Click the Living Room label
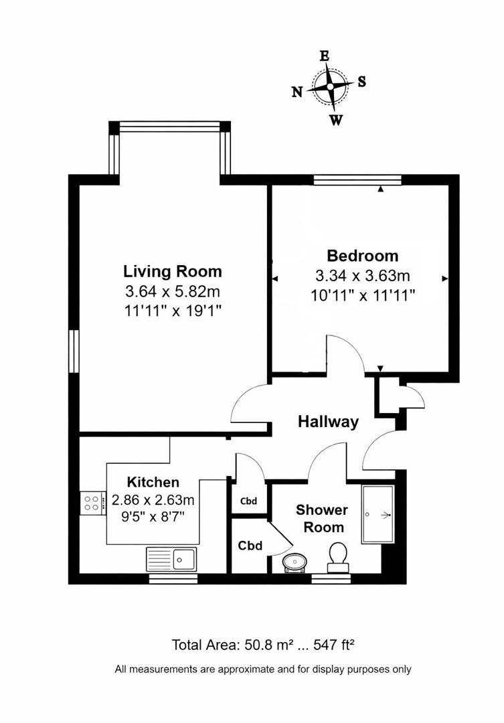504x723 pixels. pos(172,272)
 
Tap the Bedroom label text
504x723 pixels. pos(362,256)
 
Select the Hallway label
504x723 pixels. pos(328,422)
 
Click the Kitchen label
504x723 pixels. pos(153,482)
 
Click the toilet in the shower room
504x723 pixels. pos(338,556)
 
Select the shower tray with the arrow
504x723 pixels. pos(380,514)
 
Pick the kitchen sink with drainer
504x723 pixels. pos(171,557)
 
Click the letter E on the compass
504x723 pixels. pos(325,57)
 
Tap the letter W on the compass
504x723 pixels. pos(337,120)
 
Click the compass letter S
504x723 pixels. pos(361,82)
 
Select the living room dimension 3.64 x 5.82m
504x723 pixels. pos(172,292)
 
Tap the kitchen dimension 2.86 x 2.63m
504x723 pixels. pos(153,499)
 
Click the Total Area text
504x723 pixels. pos(262,645)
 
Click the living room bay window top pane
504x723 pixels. pos(169,125)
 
